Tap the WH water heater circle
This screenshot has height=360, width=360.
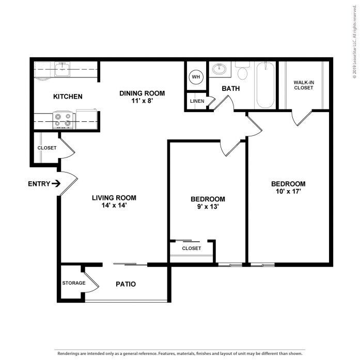coord(195,77)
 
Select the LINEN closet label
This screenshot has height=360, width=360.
coord(196,101)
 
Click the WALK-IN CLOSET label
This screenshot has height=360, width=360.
coord(303,85)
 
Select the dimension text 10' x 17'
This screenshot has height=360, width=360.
coord(288,192)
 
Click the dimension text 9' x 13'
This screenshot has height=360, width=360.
coord(208,208)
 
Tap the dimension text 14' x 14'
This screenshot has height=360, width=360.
coord(114,206)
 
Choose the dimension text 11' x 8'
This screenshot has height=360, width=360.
coord(142,101)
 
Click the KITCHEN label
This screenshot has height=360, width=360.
coord(68,97)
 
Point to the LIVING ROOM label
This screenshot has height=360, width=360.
coord(114,197)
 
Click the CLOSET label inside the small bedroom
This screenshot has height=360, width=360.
coord(191,248)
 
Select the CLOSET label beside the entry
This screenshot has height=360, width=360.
coord(46,148)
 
